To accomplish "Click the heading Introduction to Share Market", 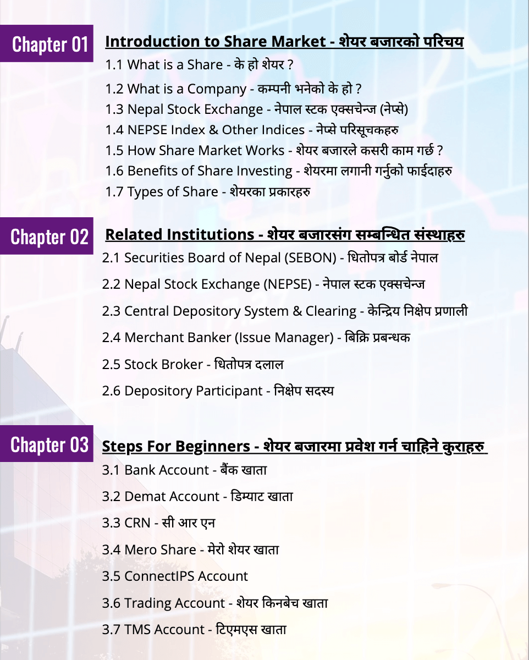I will point(215,42).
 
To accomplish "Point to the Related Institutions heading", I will point(179,235).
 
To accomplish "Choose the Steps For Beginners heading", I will point(176,446).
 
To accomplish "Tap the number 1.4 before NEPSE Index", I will point(114,130).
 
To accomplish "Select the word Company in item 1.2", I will point(217,89).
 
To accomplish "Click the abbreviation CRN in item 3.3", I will point(137,523).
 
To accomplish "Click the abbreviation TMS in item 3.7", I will point(137,630).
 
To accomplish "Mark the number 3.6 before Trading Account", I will point(111,603).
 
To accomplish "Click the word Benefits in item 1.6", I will point(151,171).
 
